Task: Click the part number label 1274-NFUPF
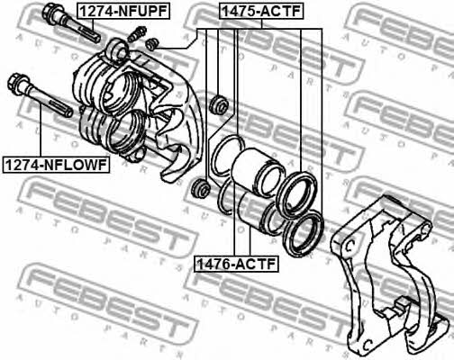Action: pos(123,12)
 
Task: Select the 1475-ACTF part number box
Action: pos(261,11)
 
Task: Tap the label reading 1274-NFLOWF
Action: pos(56,165)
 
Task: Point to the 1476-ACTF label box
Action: pos(236,264)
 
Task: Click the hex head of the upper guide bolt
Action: pos(50,12)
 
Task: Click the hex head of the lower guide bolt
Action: pos(16,83)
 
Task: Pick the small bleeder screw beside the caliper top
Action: pos(137,34)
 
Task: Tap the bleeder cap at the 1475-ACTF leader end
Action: pos(152,44)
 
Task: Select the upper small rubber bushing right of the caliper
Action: pos(219,104)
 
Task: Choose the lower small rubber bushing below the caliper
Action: pos(201,188)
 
